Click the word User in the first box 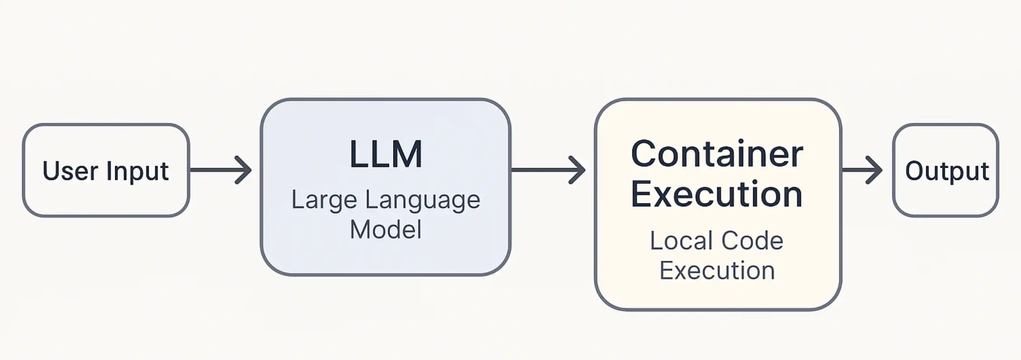click(70, 171)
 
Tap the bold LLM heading click(386, 154)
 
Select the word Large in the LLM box click(324, 201)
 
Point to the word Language click(422, 201)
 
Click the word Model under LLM click(386, 229)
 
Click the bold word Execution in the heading click(717, 194)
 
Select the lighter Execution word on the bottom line click(717, 270)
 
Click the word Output click(947, 172)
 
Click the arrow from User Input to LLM click(221, 170)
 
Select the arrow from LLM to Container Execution click(548, 170)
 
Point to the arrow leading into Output click(862, 170)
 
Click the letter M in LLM click(406, 154)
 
